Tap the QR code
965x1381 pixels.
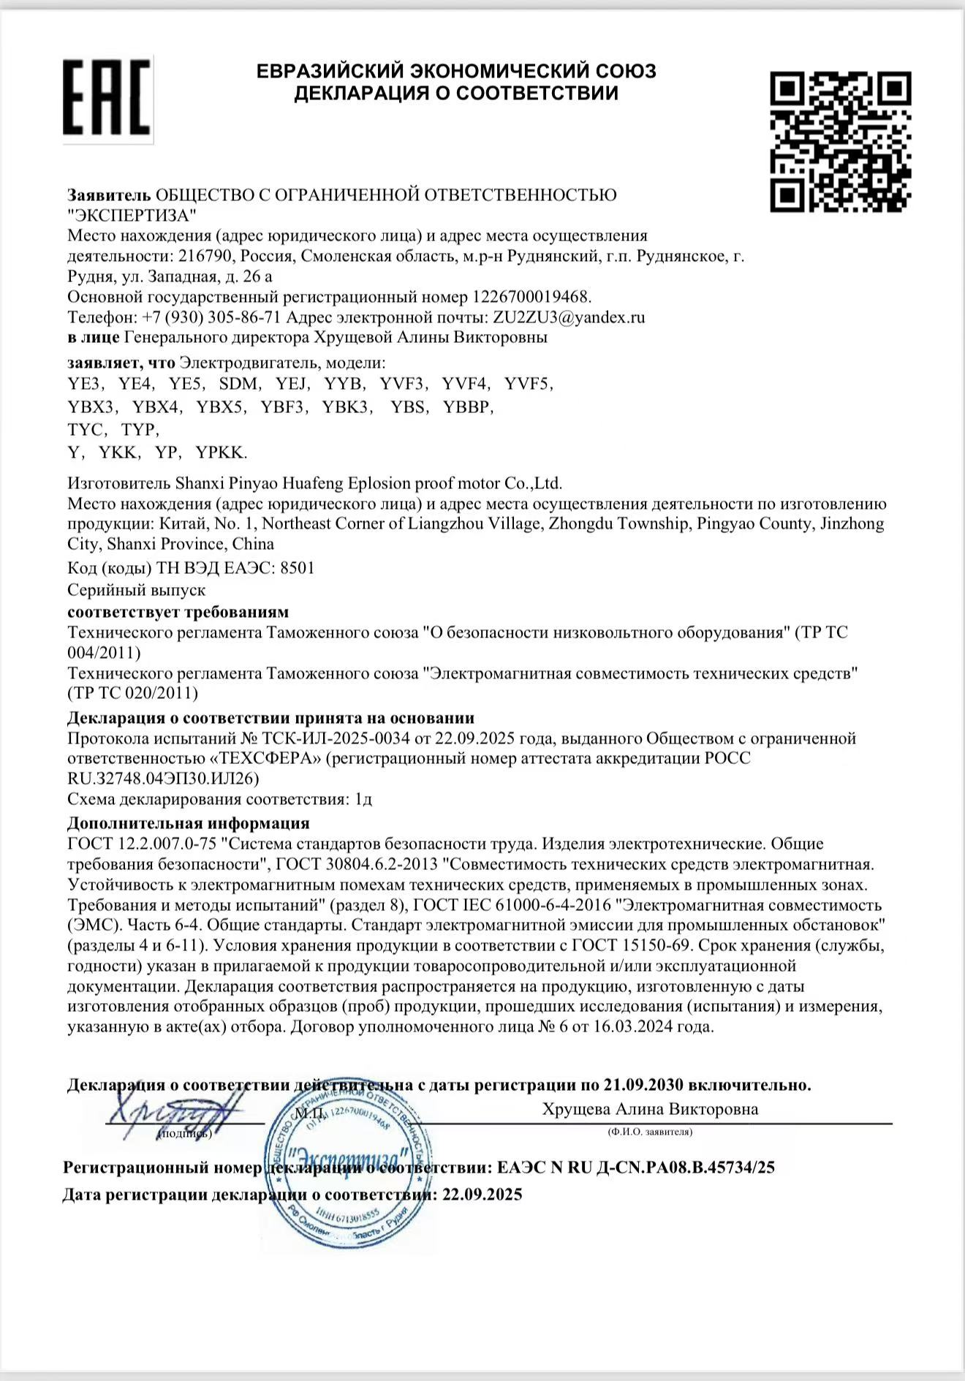point(840,141)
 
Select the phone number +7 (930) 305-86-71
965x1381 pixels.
point(211,317)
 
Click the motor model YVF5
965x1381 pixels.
point(529,384)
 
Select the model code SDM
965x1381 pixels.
point(238,384)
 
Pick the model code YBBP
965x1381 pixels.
point(468,407)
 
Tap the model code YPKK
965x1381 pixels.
point(221,453)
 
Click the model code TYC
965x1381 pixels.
point(86,429)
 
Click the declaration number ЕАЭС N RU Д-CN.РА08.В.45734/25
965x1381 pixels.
point(635,1168)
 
